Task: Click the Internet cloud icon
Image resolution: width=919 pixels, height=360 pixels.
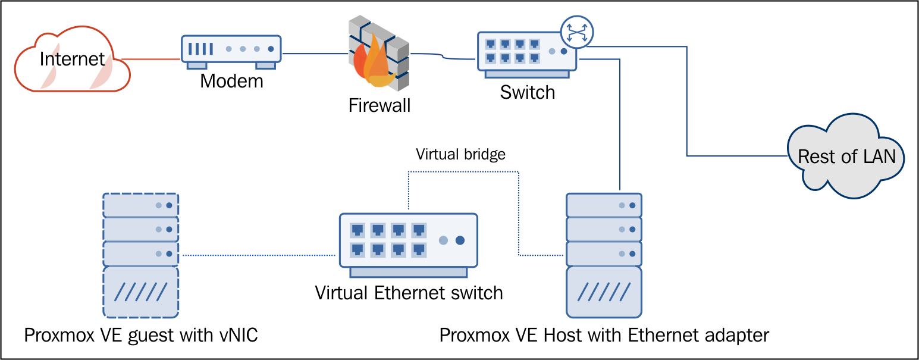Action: (72, 60)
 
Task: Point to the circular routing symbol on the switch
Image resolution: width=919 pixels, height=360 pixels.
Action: (577, 31)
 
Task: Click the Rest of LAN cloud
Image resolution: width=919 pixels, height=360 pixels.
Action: (846, 157)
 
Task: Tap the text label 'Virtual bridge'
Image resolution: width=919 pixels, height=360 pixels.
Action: (460, 155)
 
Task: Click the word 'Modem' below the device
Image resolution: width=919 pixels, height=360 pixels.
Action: (231, 81)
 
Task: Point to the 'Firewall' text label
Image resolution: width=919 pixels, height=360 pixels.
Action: (379, 106)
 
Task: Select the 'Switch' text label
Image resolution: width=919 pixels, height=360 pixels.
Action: (527, 92)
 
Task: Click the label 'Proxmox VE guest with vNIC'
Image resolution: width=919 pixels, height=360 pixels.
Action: (141, 335)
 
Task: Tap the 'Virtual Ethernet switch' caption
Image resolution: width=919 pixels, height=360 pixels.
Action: (409, 293)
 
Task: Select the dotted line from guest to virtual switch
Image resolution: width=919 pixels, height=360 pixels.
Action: (259, 255)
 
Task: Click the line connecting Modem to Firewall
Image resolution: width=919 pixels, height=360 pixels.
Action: (315, 54)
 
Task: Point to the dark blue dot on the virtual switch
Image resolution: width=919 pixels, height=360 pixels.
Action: (460, 240)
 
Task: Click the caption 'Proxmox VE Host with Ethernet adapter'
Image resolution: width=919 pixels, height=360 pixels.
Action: (604, 335)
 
